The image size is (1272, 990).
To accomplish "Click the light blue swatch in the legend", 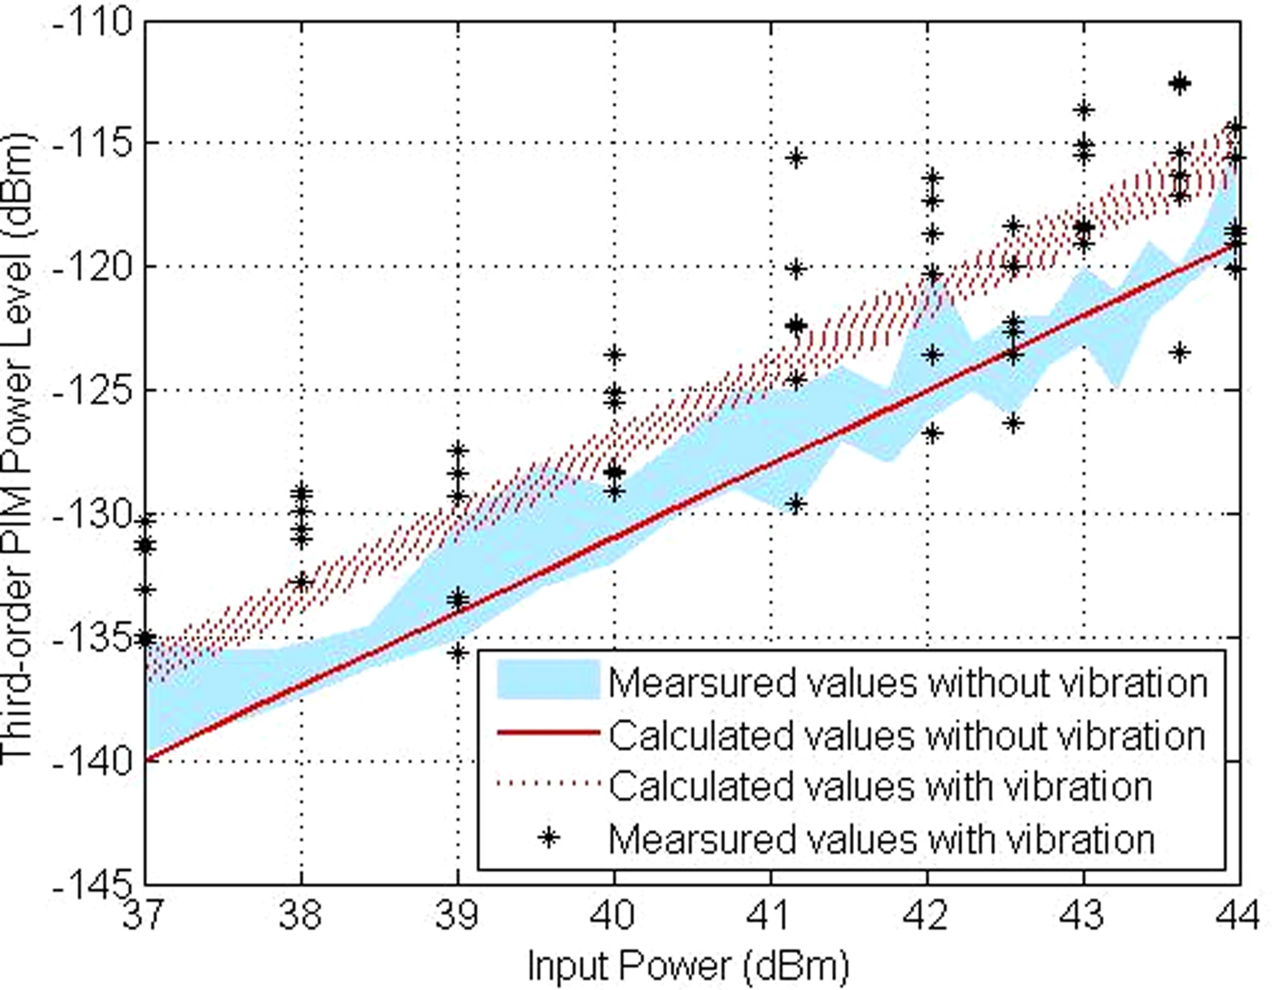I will coord(548,680).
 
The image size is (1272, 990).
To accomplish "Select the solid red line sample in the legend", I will coord(548,733).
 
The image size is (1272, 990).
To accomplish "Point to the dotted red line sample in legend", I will coord(548,785).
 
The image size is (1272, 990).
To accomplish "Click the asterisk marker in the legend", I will coord(548,837).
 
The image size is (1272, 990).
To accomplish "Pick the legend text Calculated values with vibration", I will coord(879,785).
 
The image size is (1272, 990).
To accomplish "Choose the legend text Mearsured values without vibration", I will coord(907,681).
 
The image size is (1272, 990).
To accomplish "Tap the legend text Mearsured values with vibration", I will coord(881,838).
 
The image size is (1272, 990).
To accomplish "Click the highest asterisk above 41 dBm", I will coord(797,157).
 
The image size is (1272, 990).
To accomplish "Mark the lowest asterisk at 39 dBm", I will coord(458,652).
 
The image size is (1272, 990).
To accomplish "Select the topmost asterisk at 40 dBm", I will coord(615,354).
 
